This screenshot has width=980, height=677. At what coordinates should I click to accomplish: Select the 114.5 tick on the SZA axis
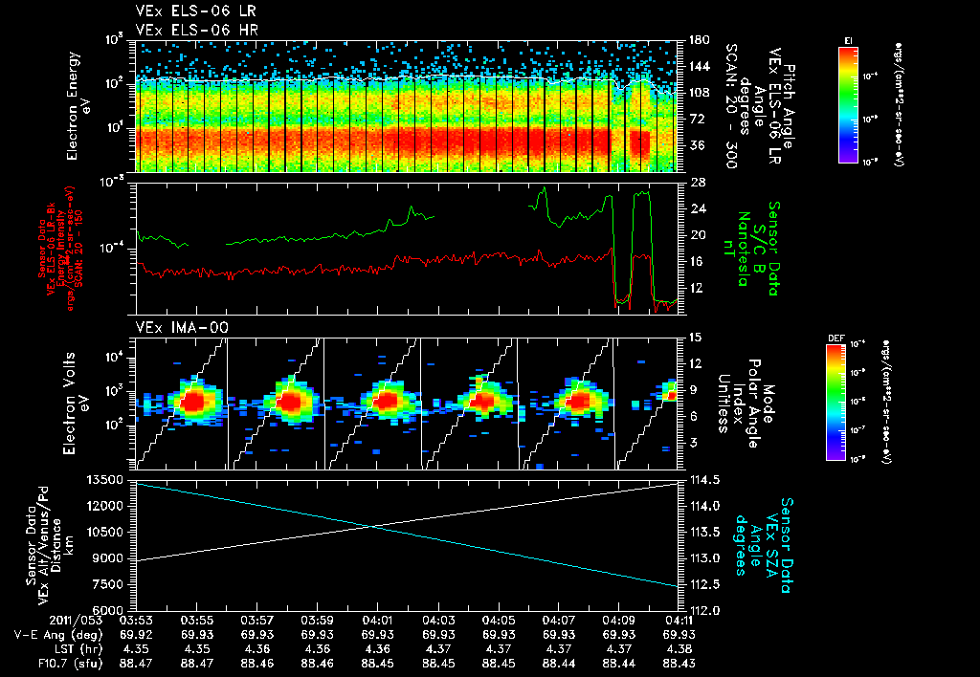pyautogui.click(x=701, y=479)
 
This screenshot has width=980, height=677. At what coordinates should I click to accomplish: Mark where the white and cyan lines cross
pyautogui.click(x=373, y=527)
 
